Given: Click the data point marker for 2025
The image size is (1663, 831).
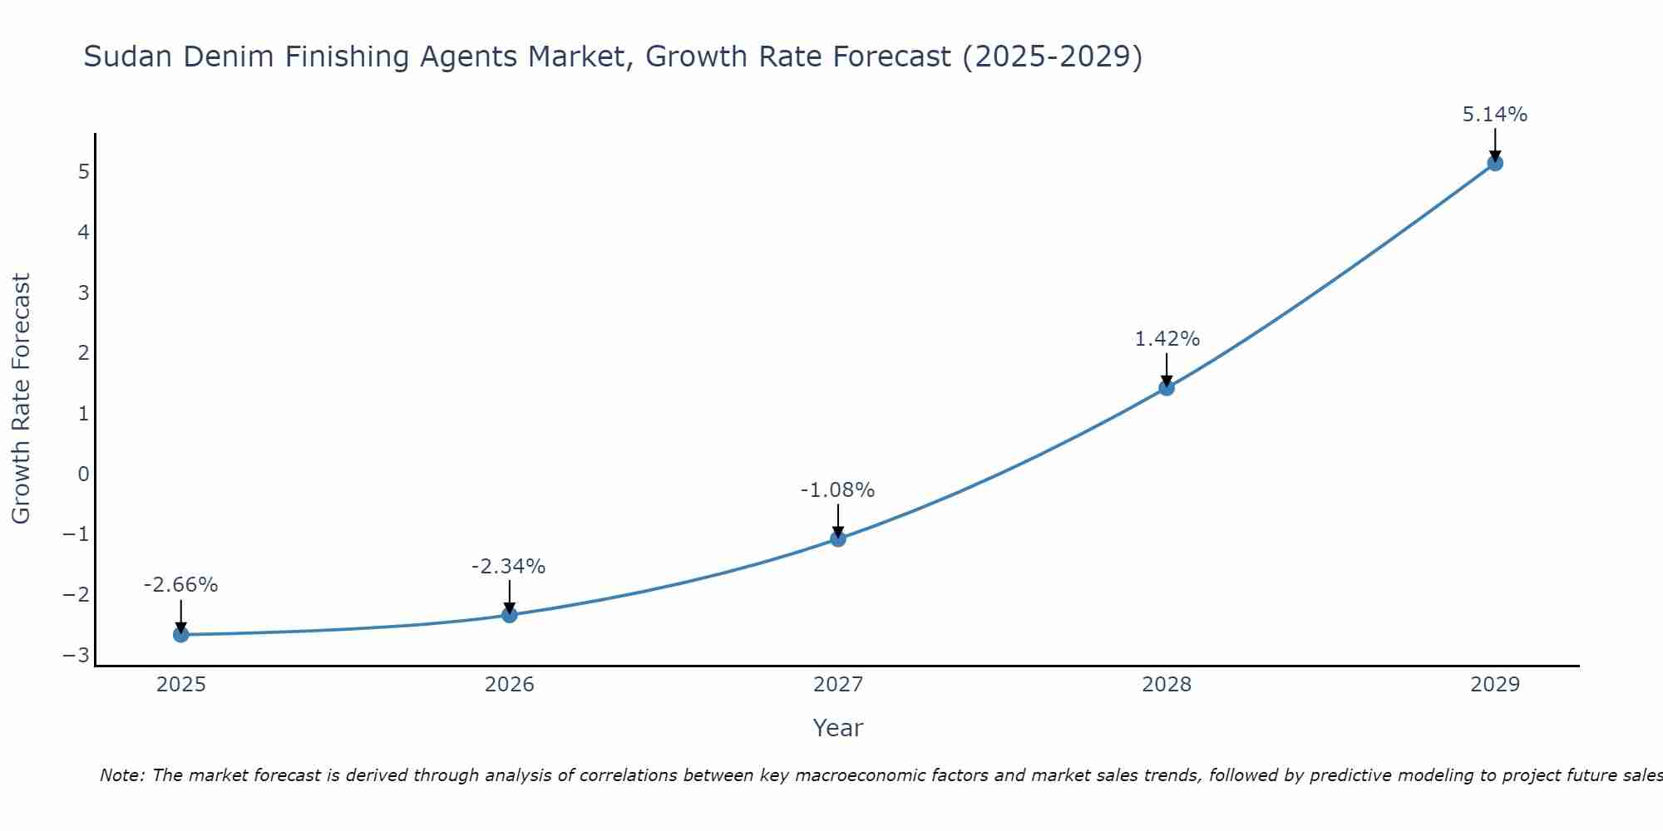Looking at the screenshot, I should (181, 635).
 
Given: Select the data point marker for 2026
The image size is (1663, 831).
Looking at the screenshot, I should (510, 615).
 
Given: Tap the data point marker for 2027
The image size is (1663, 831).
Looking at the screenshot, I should (838, 538).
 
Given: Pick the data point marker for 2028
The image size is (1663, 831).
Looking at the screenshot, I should (1167, 387).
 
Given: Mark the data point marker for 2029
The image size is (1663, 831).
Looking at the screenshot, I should (1495, 163).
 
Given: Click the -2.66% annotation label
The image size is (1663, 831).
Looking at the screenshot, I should (180, 585).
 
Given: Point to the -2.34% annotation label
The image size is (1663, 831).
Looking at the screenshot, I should (508, 567).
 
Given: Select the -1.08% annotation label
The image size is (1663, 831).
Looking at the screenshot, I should (837, 490).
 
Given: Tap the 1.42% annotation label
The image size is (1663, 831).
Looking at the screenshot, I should (1167, 339).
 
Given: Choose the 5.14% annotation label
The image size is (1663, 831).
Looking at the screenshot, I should (1495, 115).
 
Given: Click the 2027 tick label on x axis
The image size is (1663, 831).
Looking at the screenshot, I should (838, 685).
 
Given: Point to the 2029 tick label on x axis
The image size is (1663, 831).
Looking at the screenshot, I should (1495, 685).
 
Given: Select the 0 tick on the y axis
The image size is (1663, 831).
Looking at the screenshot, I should (83, 474).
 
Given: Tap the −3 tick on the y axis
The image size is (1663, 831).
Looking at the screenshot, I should (76, 656).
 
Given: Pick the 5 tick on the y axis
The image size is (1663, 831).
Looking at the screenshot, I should (83, 171).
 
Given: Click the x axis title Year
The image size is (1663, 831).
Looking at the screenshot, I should (838, 728).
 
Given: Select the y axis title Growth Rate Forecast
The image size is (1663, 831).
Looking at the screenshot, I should (21, 398).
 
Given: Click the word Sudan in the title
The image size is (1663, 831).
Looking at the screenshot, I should (129, 57).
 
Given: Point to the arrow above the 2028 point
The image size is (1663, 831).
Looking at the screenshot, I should (1167, 367).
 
